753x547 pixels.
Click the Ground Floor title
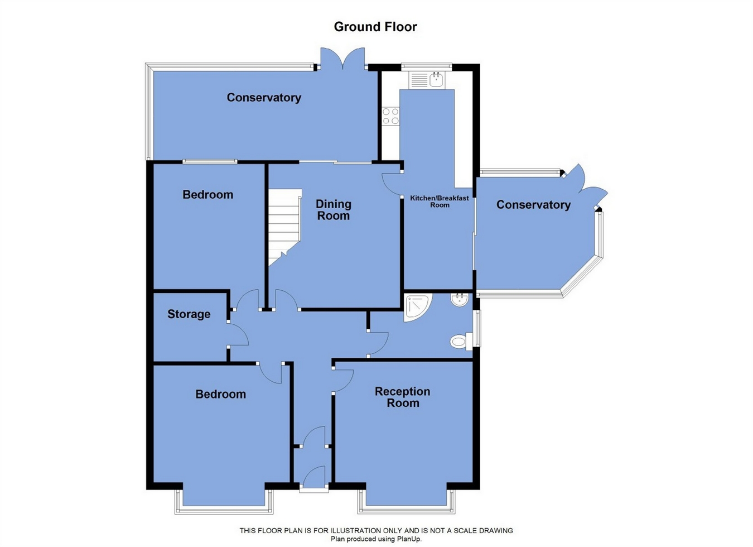click(x=375, y=27)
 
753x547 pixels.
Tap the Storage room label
click(x=189, y=314)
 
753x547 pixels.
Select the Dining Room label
click(x=334, y=210)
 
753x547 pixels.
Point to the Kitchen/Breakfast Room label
click(x=440, y=201)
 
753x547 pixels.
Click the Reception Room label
click(x=403, y=397)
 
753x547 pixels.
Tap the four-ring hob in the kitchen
click(x=390, y=116)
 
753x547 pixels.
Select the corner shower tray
click(x=417, y=308)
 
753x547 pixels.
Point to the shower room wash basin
click(x=459, y=299)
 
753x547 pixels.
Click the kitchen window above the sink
click(x=426, y=66)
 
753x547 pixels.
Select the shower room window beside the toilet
click(x=477, y=328)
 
